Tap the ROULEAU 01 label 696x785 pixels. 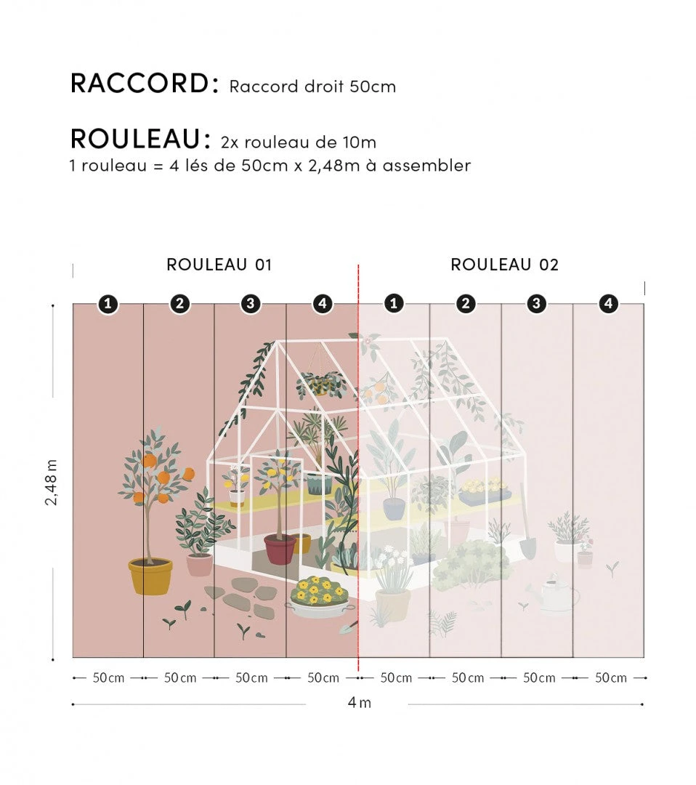coord(219,265)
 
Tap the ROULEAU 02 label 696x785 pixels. coord(504,265)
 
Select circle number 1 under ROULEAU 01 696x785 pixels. coord(108,304)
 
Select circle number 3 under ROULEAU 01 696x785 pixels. coord(251,304)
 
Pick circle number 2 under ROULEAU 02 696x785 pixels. coord(466,304)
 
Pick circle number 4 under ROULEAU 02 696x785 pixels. coord(608,304)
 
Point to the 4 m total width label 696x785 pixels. coord(359,703)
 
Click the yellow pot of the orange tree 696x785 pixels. coord(150,576)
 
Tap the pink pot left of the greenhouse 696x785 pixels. coord(199,564)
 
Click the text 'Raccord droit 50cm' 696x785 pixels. coord(312,86)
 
